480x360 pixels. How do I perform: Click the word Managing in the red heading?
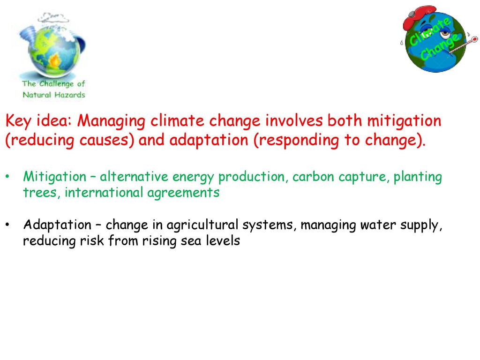tap(111, 121)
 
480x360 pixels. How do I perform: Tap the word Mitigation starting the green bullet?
tap(55, 177)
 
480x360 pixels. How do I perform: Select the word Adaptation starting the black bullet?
tap(57, 225)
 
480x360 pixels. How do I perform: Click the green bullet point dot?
tap(7, 177)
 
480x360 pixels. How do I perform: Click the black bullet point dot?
tap(7, 225)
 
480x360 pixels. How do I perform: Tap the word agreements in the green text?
tap(183, 193)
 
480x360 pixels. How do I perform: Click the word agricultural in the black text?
tap(202, 225)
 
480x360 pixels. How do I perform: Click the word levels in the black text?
tap(223, 240)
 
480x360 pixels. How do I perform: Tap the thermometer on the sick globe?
tap(463, 45)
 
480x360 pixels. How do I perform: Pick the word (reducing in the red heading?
tap(40, 141)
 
